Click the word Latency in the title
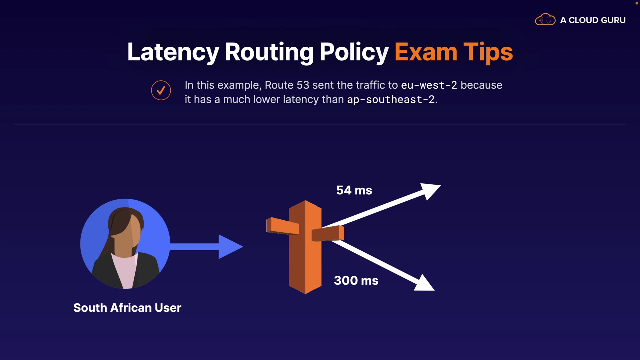[173, 52]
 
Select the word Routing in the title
[269, 52]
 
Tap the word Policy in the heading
[354, 52]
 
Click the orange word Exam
[426, 52]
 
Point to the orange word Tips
[488, 52]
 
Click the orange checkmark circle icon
[161, 90]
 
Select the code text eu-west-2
[429, 85]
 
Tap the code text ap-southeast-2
[391, 100]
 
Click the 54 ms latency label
[354, 190]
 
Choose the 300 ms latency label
[356, 281]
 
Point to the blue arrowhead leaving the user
[230, 247]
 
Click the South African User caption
[127, 308]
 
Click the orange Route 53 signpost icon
[305, 247]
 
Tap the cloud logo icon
[545, 20]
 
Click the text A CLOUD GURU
[593, 20]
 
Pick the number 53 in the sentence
[303, 85]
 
